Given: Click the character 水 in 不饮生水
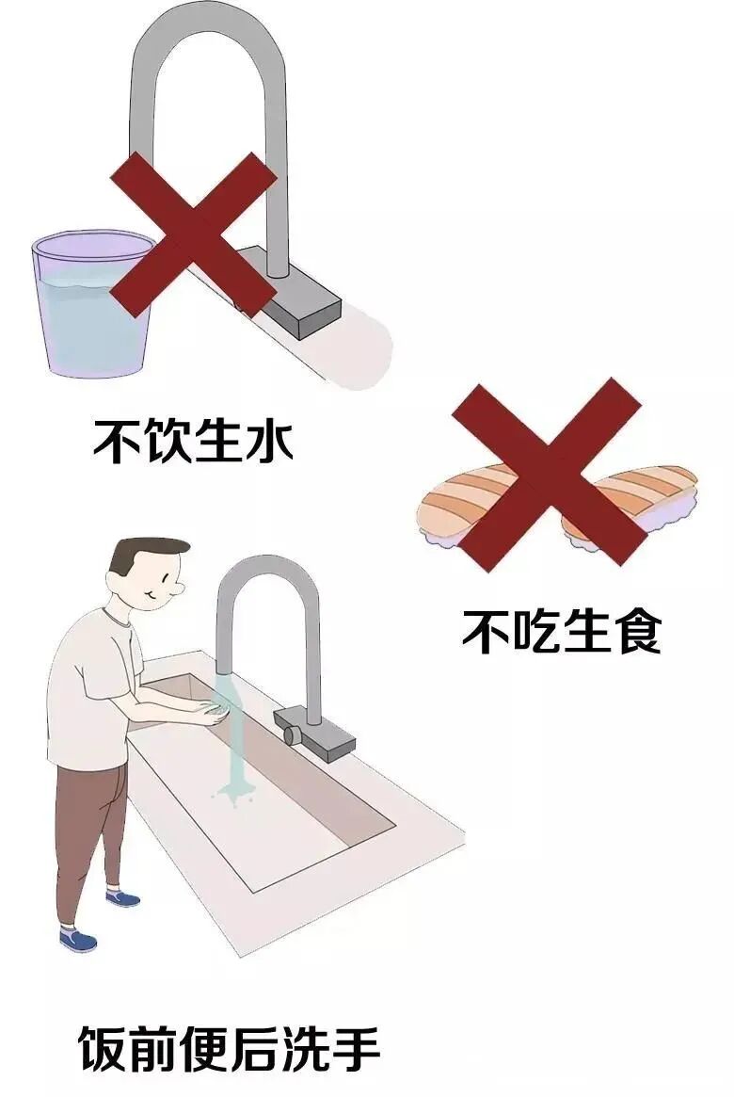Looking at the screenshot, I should (x=269, y=440).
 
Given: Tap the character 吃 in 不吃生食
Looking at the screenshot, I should (x=536, y=631).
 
